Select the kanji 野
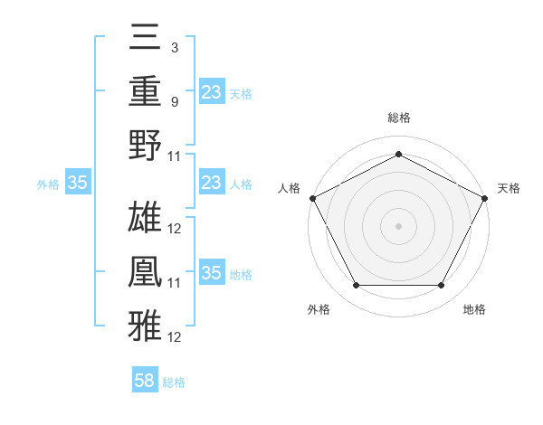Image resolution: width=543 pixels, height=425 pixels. (x=146, y=146)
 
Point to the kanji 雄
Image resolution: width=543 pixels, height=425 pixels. (x=146, y=218)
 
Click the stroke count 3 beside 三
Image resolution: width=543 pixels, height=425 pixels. (x=175, y=46)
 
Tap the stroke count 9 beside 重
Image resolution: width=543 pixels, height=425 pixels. (x=175, y=101)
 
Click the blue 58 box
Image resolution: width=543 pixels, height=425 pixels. (x=145, y=381)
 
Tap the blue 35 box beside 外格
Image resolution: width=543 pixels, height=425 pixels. (x=78, y=183)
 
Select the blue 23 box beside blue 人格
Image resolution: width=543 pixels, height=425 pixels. (x=211, y=183)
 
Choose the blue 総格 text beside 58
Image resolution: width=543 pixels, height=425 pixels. (x=174, y=382)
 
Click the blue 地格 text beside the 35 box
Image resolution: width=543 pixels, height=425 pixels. (x=242, y=274)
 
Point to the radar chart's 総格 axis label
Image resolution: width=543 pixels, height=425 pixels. (x=398, y=118)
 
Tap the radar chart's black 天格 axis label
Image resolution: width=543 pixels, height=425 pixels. (x=510, y=188)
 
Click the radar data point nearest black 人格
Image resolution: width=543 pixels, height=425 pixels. (x=312, y=197)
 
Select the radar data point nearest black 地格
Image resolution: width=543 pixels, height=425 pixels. (x=442, y=286)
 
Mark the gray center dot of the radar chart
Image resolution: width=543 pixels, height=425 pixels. (x=398, y=225)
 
